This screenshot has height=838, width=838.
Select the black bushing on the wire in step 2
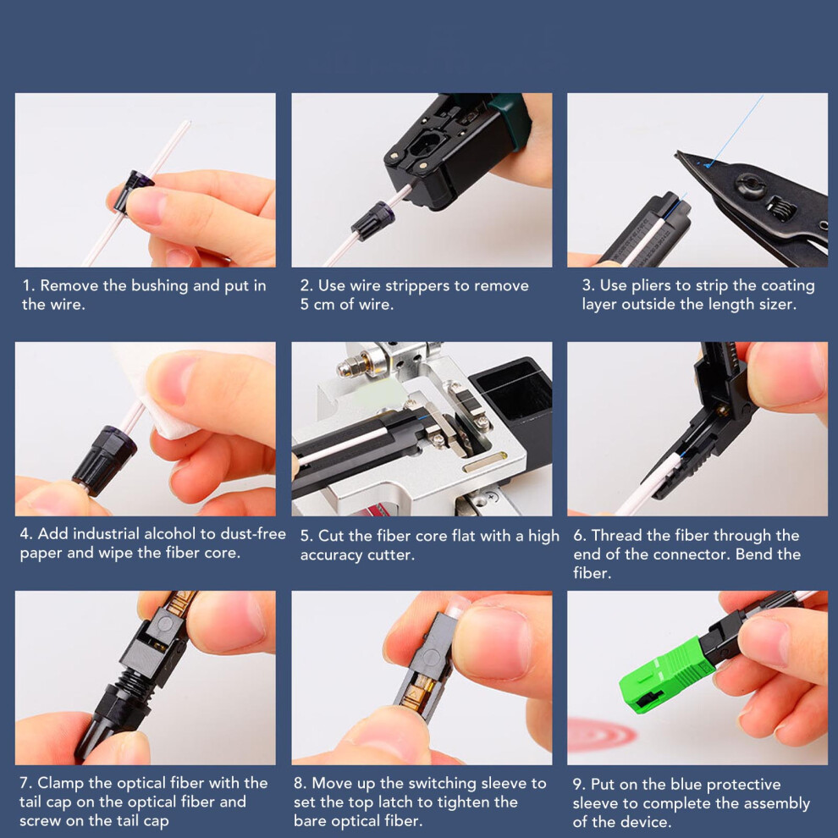373,220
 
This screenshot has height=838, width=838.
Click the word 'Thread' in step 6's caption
615,535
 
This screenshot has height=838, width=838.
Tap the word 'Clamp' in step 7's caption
60,783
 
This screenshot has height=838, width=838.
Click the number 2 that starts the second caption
305,286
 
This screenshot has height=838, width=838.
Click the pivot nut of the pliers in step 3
749,185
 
